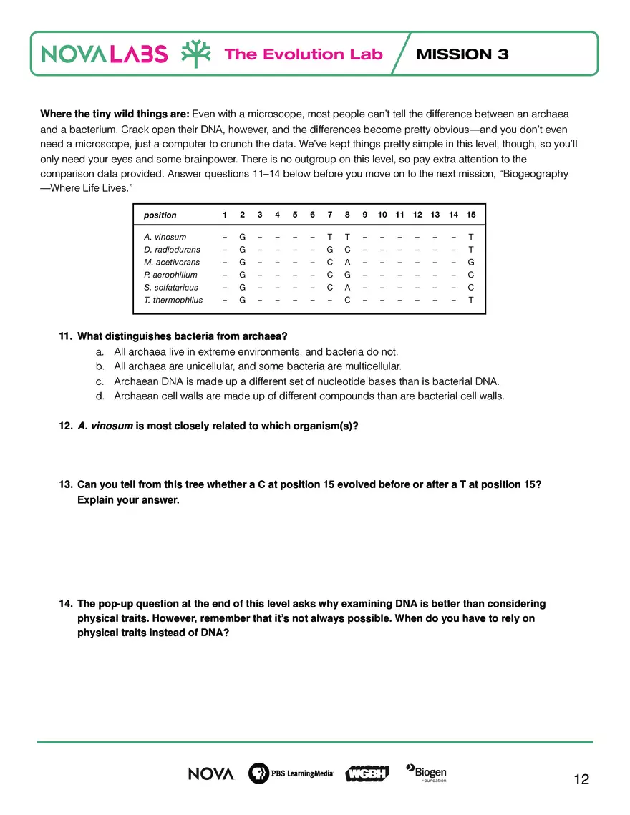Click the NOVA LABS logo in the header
(x=105, y=54)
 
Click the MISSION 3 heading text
(x=462, y=54)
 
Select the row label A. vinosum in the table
(x=165, y=237)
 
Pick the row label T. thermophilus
(x=173, y=300)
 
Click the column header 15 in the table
(x=470, y=215)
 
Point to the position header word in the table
(x=160, y=215)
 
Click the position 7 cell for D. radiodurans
(x=329, y=250)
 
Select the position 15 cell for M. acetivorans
(x=470, y=262)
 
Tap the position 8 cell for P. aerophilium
(x=346, y=275)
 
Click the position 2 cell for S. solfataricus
(x=242, y=287)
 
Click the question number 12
(x=65, y=426)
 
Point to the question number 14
(x=65, y=604)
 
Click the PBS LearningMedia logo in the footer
(x=291, y=773)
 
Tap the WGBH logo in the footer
(x=367, y=773)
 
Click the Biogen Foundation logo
(x=427, y=773)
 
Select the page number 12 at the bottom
(x=581, y=779)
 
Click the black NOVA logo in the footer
(x=210, y=773)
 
